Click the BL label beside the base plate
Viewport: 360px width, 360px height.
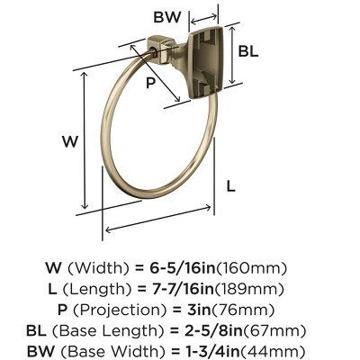[x=248, y=51]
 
